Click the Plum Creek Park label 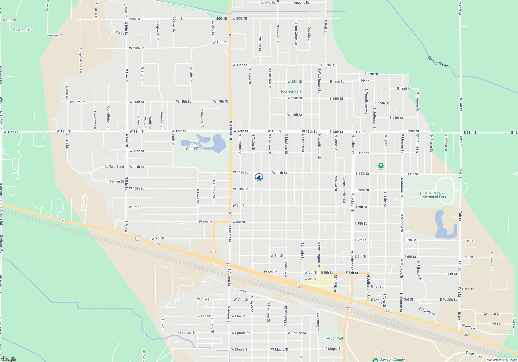pos(195,147)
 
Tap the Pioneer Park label pos(291,91)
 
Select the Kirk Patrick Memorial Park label pos(434,195)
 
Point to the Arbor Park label pos(335,338)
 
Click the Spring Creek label pos(438,62)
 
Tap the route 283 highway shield pos(349,310)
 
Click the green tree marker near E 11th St pos(381,165)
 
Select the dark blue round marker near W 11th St pos(259,177)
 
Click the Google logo pos(9,359)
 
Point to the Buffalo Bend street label pos(114,167)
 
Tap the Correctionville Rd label pos(344,190)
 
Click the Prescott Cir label pos(21,30)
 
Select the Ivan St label pos(245,291)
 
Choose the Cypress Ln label pos(492,314)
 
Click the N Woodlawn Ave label pos(366,102)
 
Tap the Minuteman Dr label pos(202,118)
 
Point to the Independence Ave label pos(81,61)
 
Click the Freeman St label pos(115,181)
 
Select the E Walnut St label pos(474,354)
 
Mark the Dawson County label pos(392,359)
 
